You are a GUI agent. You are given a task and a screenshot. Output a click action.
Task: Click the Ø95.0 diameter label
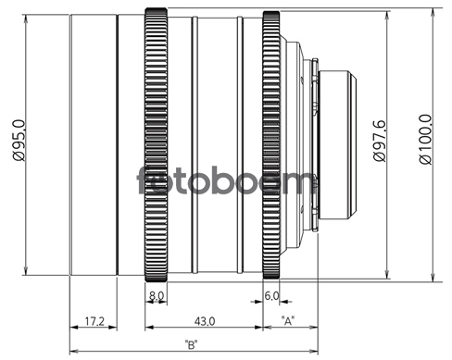pos(19,140)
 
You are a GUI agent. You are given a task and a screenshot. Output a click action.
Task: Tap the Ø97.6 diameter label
pos(380,141)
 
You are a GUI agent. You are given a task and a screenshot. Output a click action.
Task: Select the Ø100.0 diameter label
pos(425,140)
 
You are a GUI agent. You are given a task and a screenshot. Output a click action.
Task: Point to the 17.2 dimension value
pos(94,321)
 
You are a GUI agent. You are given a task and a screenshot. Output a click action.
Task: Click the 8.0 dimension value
pos(157,296)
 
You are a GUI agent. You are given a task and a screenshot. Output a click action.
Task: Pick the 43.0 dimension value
pos(205,321)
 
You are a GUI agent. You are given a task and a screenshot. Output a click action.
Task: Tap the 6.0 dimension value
pos(271,296)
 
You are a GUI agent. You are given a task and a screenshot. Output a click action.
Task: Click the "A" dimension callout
pos(288,321)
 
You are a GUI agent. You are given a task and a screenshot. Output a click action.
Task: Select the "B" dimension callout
pos(191,344)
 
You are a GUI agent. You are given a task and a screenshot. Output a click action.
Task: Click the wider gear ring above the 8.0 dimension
pos(156,144)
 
